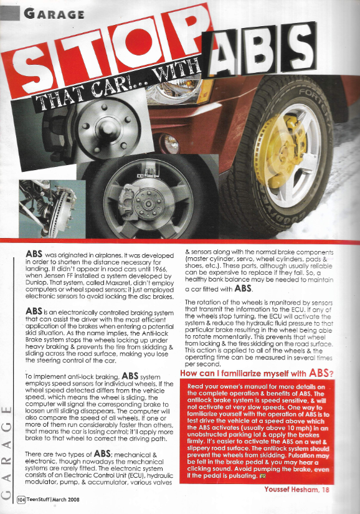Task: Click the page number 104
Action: [x=22, y=499]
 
